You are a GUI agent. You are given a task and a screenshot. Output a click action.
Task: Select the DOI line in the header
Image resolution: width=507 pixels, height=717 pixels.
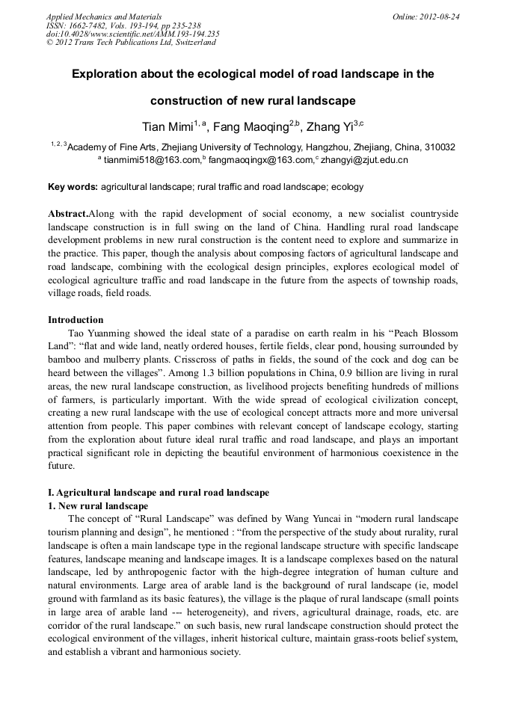132,34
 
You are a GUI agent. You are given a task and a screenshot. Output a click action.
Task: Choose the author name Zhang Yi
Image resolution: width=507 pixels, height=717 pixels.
329,126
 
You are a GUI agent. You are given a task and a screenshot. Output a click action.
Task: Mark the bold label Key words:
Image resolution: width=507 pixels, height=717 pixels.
73,186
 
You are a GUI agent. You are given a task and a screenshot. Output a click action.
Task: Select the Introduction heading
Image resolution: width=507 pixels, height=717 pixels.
76,319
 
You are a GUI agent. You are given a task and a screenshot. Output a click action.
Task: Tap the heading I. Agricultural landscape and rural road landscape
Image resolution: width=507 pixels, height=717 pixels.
158,493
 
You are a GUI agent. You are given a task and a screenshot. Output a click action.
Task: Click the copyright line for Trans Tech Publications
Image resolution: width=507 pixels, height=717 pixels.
131,43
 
